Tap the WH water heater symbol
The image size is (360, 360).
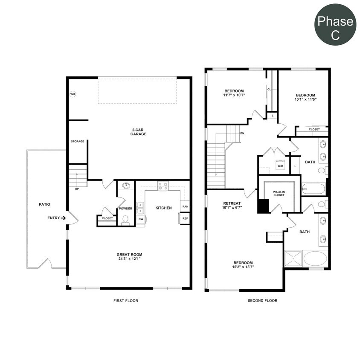coord(73,94)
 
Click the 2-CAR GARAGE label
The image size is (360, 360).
coord(138,131)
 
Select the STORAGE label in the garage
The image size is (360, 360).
coord(77,142)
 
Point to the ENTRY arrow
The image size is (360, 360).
coord(63,218)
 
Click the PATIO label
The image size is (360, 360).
coord(44,205)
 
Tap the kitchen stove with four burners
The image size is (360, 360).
coord(163,186)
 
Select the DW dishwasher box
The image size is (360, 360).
coord(141,219)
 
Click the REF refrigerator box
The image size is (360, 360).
coord(185,218)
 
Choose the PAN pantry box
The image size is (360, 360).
coord(185,206)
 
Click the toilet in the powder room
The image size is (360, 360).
coord(125,219)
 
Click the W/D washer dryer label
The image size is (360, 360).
coord(280,165)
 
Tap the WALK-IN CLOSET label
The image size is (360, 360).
coord(279,193)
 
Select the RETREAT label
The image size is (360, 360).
coord(232,203)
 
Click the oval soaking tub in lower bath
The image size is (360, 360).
coord(315,258)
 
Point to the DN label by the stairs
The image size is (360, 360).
coord(242,133)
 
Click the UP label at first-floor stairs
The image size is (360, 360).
coord(77,189)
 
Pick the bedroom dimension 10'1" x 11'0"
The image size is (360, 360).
coord(305,99)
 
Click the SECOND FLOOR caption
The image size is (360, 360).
coord(262,301)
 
